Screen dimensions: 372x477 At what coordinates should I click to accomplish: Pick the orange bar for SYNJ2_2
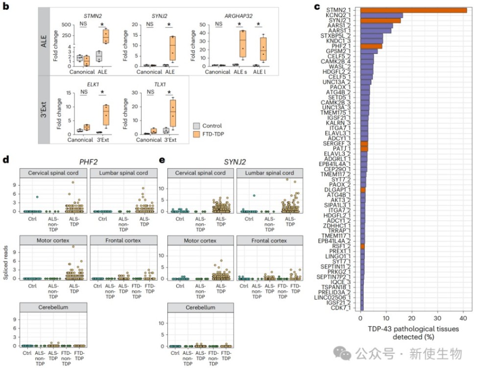pos(380,21)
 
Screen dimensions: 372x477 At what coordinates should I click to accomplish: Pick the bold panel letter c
pos(317,7)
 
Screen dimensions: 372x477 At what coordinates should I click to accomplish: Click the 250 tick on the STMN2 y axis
pos(66,36)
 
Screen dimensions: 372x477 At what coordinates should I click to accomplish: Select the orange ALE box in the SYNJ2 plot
pos(172,50)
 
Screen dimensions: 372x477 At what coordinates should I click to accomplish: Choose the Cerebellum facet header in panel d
pos(53,307)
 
